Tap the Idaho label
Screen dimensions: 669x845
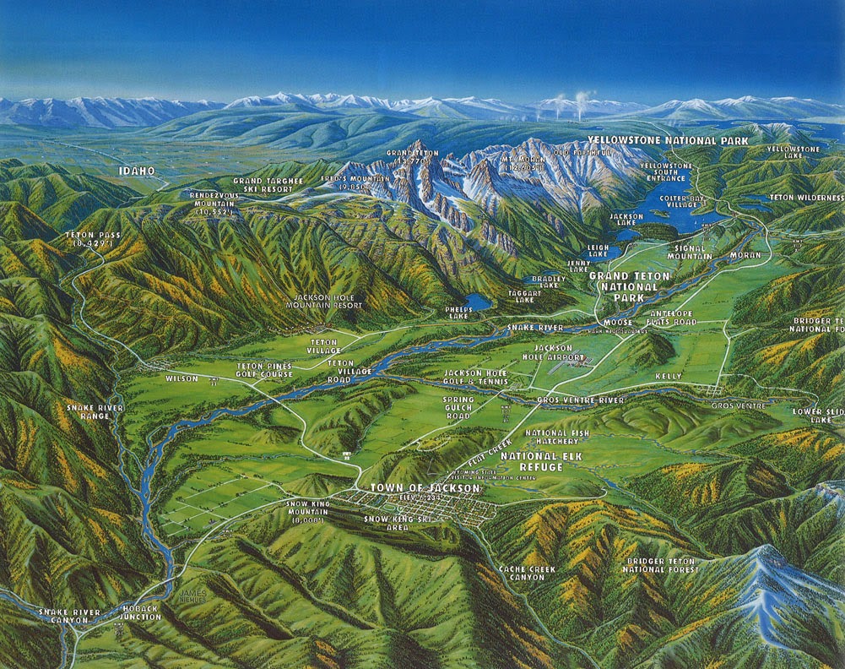point(136,171)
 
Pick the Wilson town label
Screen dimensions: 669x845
point(181,378)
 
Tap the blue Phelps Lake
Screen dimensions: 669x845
point(478,302)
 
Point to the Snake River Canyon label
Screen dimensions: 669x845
point(63,616)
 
